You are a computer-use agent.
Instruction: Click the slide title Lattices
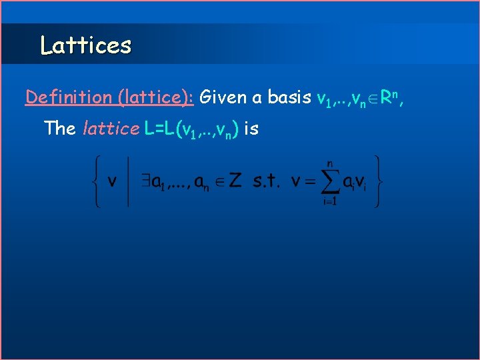[x=85, y=45]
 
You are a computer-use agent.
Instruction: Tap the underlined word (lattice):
[x=155, y=97]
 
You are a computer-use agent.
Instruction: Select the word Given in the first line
[x=222, y=97]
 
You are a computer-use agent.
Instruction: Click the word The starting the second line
[x=59, y=128]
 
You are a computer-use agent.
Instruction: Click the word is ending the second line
[x=251, y=128]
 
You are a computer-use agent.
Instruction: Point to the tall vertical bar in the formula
[x=128, y=181]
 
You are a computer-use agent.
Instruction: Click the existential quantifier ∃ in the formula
[x=142, y=181]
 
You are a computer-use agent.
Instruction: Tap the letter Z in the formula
[x=235, y=181]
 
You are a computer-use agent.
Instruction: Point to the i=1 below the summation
[x=329, y=201]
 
